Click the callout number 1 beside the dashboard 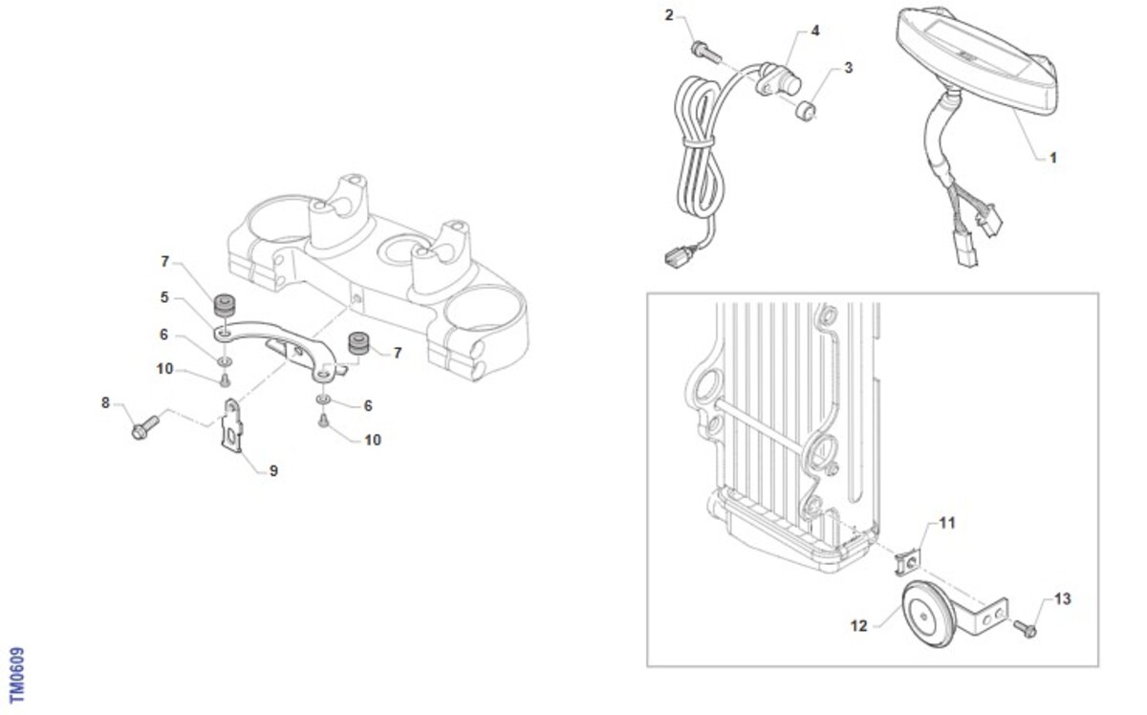[x=1052, y=159]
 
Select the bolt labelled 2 [x=706, y=52]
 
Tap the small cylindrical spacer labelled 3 [x=806, y=111]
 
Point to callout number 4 [x=815, y=31]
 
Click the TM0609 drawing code [x=17, y=675]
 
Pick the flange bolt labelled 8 [x=145, y=427]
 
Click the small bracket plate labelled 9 [x=232, y=425]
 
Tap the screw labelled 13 [x=1025, y=628]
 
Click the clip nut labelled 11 [x=908, y=562]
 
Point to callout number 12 [x=858, y=625]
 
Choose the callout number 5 [x=163, y=297]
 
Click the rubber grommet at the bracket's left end [x=225, y=305]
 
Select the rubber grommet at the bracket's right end [x=359, y=342]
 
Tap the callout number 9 [x=273, y=470]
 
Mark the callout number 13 [x=1063, y=598]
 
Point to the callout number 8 [x=105, y=403]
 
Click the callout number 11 [x=947, y=523]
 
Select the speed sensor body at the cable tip [x=778, y=80]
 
